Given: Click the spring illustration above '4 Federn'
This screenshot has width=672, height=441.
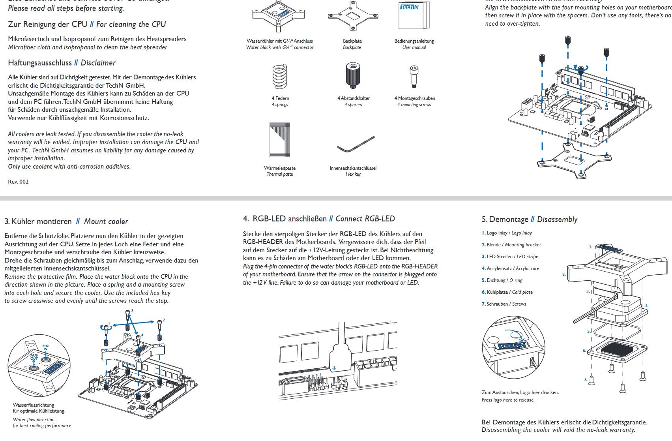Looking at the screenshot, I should [279, 76].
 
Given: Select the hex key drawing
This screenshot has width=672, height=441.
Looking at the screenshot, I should [356, 144].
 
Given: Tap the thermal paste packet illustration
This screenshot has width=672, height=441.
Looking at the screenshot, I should [280, 140].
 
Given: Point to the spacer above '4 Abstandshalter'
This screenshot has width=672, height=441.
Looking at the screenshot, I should [352, 75].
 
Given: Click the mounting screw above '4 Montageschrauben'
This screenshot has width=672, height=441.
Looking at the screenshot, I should [414, 76].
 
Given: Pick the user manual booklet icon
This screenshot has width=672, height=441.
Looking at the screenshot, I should [414, 16].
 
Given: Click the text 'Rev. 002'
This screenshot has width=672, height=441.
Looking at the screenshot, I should [18, 182].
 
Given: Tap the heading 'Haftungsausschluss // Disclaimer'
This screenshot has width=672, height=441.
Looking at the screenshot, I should [62, 63].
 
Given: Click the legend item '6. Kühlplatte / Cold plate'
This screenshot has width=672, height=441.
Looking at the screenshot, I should [507, 292].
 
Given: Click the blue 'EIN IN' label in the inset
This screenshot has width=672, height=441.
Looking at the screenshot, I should [45, 347].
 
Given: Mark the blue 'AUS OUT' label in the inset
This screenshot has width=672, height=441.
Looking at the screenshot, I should [34, 357].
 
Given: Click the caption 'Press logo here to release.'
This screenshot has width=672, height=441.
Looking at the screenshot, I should [508, 400].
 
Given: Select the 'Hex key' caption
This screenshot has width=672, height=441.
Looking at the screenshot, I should [353, 174].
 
